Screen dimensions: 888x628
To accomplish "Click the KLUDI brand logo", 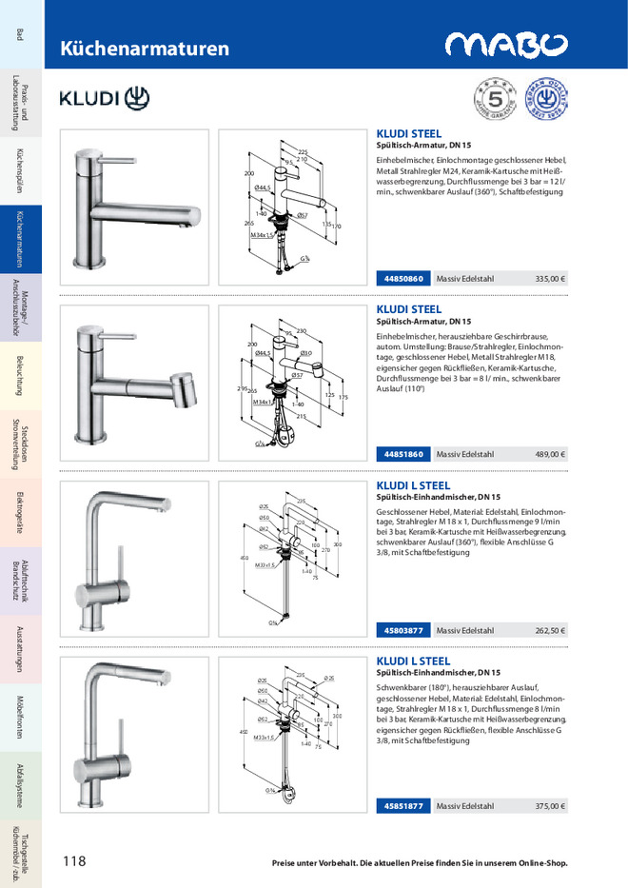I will pyautogui.click(x=105, y=97).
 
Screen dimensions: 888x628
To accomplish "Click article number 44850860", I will pyautogui.click(x=403, y=279).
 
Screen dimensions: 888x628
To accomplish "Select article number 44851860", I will pyautogui.click(x=403, y=454).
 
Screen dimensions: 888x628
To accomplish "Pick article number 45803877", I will pyautogui.click(x=403, y=630).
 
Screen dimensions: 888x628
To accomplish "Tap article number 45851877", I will pyautogui.click(x=403, y=806).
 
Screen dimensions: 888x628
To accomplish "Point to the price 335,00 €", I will pyautogui.click(x=550, y=279).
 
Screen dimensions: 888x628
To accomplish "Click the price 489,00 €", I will pyautogui.click(x=550, y=454).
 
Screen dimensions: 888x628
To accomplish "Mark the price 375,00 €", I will pyautogui.click(x=550, y=806).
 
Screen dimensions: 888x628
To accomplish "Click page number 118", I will pyautogui.click(x=74, y=861).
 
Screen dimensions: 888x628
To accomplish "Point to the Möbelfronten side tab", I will pyautogui.click(x=21, y=718).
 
